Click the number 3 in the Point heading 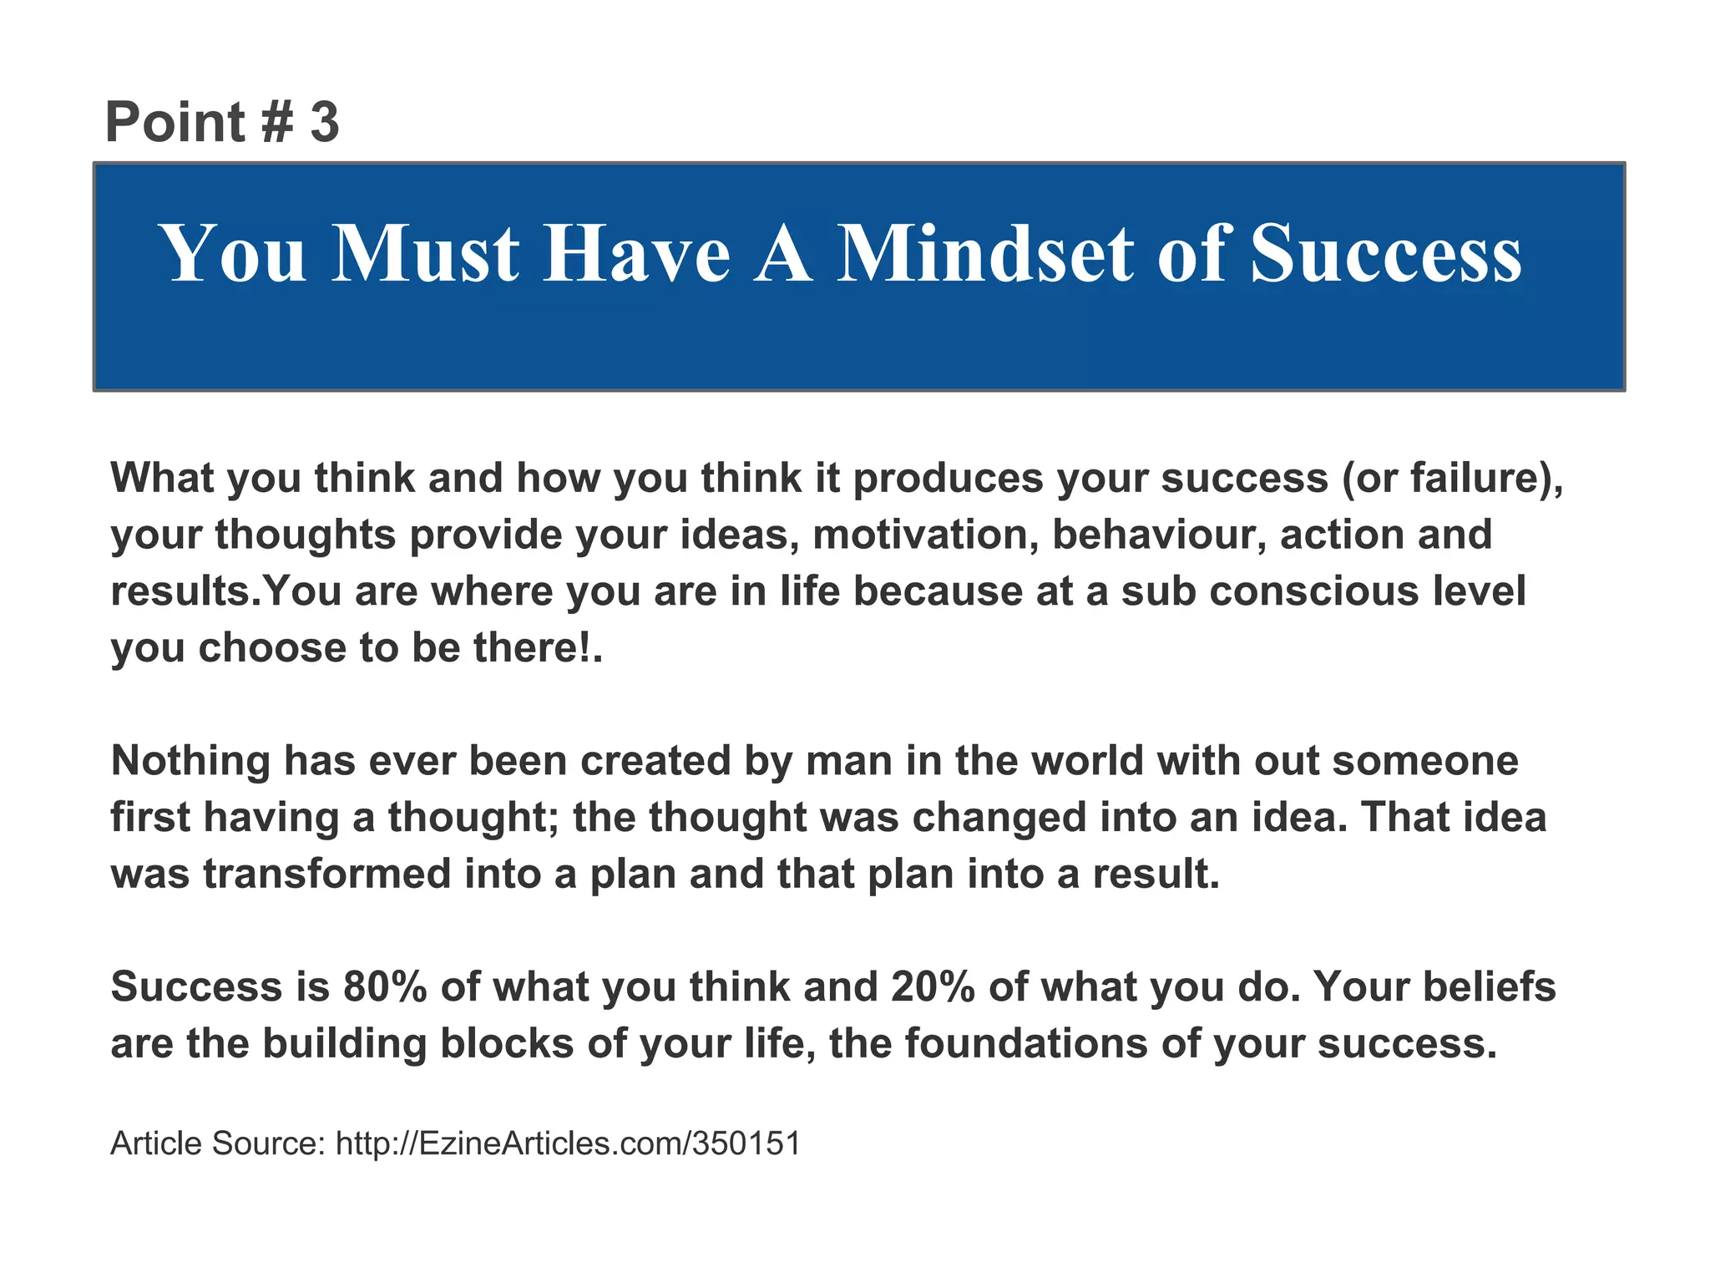pos(325,122)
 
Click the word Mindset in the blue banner pos(986,254)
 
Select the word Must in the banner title pos(426,254)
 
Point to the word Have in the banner pos(637,254)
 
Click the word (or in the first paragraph pos(1369,478)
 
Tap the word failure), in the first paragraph pos(1486,478)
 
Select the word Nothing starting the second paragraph pos(190,761)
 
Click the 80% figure pos(385,987)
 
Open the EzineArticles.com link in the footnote pos(568,1144)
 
